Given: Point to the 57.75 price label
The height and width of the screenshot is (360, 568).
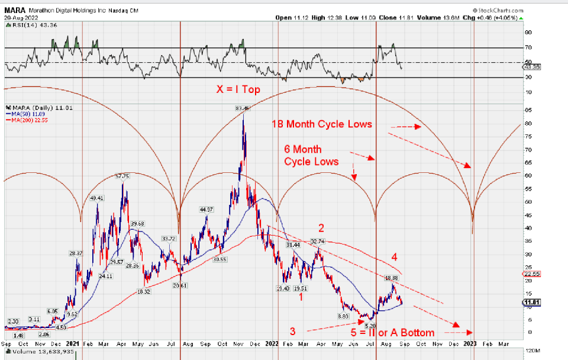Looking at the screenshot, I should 122,176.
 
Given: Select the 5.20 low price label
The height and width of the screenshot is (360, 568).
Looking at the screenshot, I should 371,325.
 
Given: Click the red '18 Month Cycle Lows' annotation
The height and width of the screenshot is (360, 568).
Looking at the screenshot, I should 322,124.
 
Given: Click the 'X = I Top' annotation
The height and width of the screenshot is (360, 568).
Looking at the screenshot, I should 237,89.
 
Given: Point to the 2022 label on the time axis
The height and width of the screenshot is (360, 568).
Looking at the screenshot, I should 272,343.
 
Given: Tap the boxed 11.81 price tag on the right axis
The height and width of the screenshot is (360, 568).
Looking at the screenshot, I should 531,303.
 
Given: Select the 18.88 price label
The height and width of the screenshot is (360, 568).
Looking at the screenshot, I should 391,278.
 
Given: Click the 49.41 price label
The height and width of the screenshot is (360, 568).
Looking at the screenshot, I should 96,198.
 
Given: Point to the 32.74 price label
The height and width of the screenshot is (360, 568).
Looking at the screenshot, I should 318,242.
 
